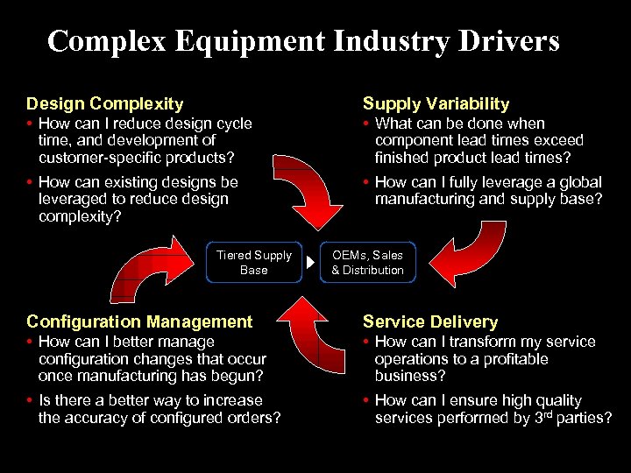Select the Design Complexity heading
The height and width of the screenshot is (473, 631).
[105, 104]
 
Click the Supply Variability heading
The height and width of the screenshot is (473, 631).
[436, 104]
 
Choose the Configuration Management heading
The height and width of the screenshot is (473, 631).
[139, 322]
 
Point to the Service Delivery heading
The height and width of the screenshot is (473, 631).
[429, 322]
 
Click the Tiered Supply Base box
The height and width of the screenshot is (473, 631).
[253, 262]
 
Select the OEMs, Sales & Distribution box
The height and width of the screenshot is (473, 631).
[367, 262]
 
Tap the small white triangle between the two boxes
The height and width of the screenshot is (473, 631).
[310, 263]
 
